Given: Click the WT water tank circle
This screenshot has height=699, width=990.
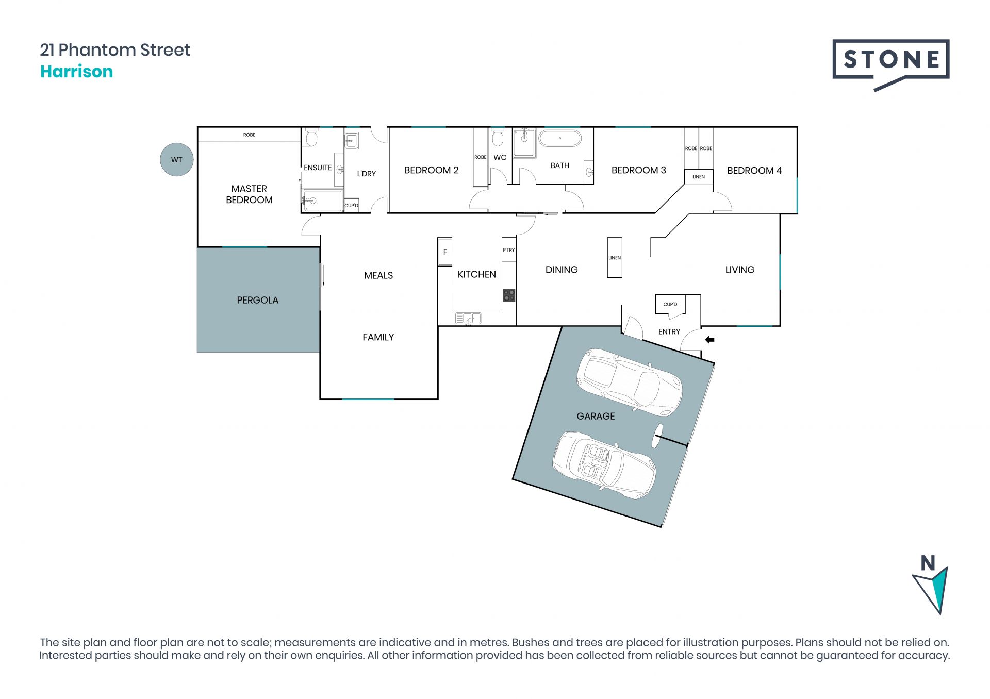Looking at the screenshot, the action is coord(176,160).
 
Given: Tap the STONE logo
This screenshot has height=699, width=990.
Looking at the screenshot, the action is coord(890,65).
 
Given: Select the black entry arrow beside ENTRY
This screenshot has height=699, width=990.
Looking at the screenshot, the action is coord(710,340).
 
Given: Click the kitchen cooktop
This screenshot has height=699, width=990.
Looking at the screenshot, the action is coord(509,295).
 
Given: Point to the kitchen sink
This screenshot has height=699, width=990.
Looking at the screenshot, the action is coord(468,319).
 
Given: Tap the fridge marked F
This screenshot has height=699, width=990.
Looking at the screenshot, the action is coord(445,252).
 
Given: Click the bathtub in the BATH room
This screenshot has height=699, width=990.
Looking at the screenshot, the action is coord(560,139).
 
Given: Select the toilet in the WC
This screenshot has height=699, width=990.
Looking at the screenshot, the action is coord(498,138).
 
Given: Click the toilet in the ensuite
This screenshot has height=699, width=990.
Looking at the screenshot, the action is coord(311,138).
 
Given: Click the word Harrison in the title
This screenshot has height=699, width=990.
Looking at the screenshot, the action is coord(76,71).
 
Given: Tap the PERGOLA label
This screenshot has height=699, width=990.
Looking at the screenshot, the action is coord(257,300).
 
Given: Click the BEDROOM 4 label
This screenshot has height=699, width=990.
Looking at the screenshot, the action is coord(754,171).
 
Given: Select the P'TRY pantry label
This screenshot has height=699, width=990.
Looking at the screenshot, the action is coord(509,250).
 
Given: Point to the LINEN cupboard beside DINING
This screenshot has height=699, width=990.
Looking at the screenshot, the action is coord(615,258).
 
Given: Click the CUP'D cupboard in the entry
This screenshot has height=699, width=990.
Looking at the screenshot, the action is coord(670,304).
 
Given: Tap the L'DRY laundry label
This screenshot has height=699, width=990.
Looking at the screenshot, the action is coord(367,174).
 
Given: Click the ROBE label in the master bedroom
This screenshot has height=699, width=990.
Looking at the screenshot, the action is coord(249,135).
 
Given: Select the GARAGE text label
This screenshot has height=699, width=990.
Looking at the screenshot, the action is coord(596,416).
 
